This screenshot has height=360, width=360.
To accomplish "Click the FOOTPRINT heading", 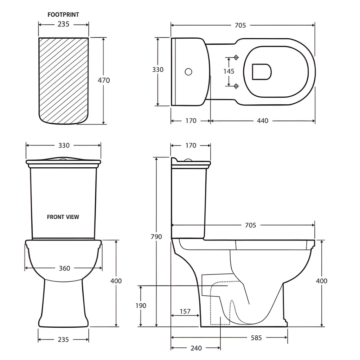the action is pyautogui.click(x=63, y=15).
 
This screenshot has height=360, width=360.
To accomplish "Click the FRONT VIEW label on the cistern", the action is pyautogui.click(x=63, y=217).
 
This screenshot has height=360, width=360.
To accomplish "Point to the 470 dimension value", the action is pyautogui.click(x=104, y=81).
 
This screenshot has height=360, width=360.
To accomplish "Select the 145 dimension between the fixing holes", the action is pyautogui.click(x=229, y=71).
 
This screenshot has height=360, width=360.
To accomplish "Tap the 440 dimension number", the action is pyautogui.click(x=262, y=121).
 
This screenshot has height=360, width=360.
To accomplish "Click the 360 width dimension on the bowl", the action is pyautogui.click(x=64, y=268).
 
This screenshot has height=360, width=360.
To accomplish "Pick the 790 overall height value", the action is pyautogui.click(x=156, y=237).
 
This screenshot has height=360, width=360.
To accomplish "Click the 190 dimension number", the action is pyautogui.click(x=141, y=306).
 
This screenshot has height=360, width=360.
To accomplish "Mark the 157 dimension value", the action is pyautogui.click(x=185, y=311).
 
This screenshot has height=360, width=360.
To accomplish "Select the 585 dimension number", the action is pyautogui.click(x=256, y=338).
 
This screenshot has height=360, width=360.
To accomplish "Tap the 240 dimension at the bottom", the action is pyautogui.click(x=196, y=348).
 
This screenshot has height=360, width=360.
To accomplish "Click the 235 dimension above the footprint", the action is pyautogui.click(x=63, y=24).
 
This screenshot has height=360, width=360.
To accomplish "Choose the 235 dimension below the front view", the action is pyautogui.click(x=63, y=339).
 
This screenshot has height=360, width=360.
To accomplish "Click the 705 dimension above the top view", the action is pyautogui.click(x=240, y=25).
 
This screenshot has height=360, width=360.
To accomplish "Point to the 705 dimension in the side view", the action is pyautogui.click(x=250, y=225).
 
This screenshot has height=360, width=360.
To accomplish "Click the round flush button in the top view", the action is pyautogui.click(x=188, y=72).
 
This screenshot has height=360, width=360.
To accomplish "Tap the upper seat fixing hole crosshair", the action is pyautogui.click(x=236, y=57).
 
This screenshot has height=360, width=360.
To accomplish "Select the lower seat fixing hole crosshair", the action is pyautogui.click(x=236, y=86).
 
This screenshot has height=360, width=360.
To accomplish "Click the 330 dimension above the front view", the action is pyautogui.click(x=64, y=145).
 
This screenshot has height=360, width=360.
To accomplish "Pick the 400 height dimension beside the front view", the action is pyautogui.click(x=116, y=281).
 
